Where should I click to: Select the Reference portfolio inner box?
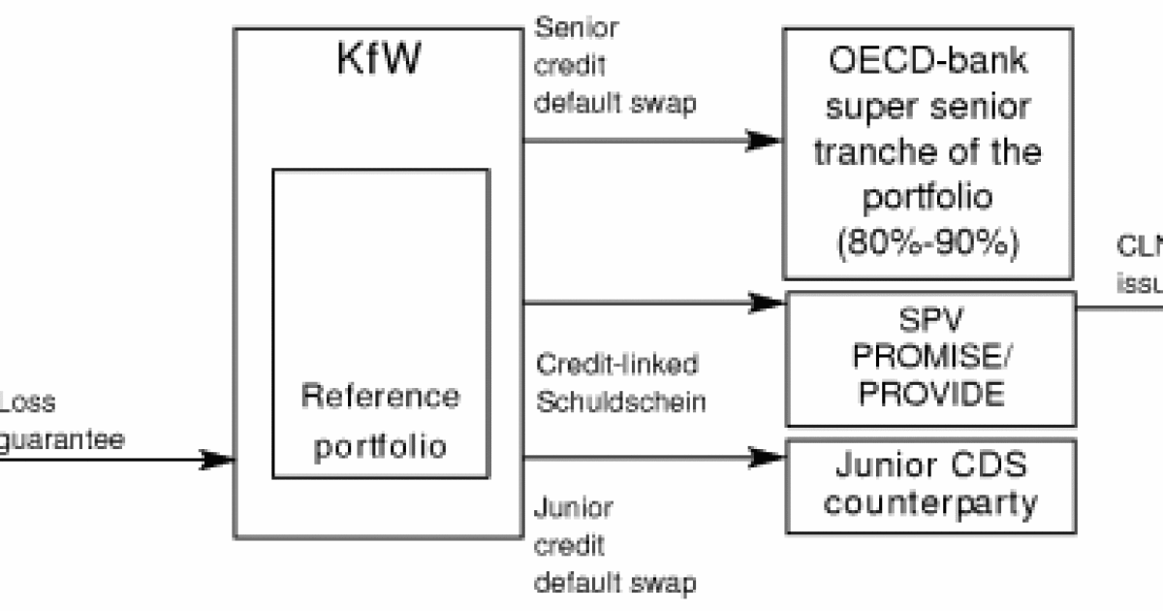(x=380, y=325)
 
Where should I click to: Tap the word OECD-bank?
(x=928, y=62)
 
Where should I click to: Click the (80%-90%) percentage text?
(x=927, y=241)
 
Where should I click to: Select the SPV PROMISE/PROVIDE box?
(x=930, y=359)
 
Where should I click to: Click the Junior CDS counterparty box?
(x=930, y=485)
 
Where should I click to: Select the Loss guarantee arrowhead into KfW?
(x=219, y=459)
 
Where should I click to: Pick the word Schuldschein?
(x=620, y=402)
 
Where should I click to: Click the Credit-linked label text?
(x=616, y=366)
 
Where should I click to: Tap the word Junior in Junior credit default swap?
(x=574, y=507)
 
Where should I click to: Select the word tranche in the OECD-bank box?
(x=864, y=152)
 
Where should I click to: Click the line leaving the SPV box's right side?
(x=1119, y=308)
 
